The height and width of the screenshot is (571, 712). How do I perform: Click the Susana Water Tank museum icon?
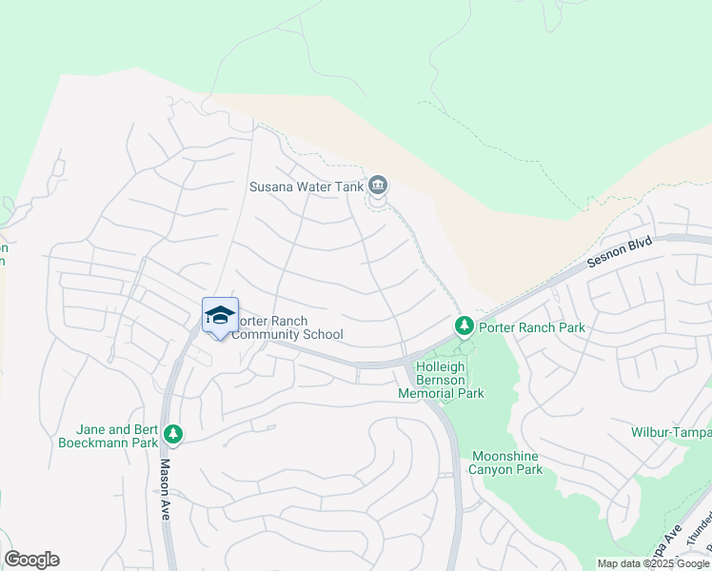point(378,185)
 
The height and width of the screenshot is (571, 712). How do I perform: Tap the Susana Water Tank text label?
point(307,187)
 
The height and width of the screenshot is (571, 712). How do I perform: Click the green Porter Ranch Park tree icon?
point(464,327)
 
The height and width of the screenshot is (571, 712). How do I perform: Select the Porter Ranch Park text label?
point(531,327)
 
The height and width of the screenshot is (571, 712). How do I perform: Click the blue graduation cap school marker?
point(220,316)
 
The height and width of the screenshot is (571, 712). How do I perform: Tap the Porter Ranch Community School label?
point(288,327)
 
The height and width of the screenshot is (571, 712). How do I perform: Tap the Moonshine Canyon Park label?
point(505,462)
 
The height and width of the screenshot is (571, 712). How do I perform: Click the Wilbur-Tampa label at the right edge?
point(670,432)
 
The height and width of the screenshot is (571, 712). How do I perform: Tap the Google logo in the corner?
point(31,560)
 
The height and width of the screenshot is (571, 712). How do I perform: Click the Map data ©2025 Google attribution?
point(653,563)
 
